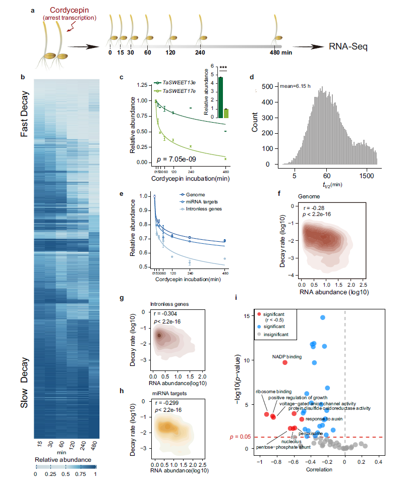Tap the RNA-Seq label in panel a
348,47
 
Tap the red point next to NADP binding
285,363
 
